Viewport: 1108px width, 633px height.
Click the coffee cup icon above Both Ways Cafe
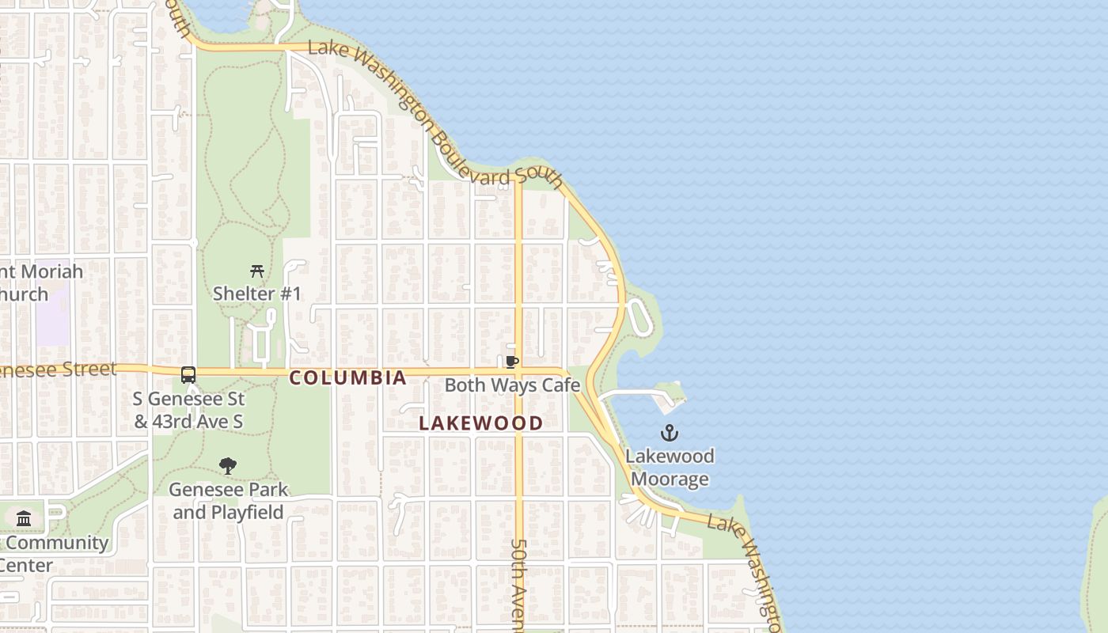point(512,362)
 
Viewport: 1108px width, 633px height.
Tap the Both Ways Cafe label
point(512,385)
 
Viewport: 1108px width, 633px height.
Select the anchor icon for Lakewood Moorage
point(670,433)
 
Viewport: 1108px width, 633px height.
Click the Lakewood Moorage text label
point(670,468)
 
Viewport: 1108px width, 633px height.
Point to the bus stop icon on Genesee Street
point(188,375)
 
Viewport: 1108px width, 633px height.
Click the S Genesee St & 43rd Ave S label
point(188,410)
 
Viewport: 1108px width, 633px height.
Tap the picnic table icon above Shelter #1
point(256,271)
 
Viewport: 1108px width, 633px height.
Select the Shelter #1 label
point(256,294)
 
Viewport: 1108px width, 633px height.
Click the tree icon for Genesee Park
point(228,466)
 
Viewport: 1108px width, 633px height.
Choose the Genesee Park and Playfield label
point(228,501)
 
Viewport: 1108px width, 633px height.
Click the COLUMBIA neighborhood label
point(348,378)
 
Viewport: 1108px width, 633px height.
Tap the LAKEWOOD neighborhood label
point(480,423)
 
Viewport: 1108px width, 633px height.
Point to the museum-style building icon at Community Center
point(24,519)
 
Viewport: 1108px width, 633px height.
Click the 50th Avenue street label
point(518,586)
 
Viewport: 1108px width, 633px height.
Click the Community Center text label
point(47,554)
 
